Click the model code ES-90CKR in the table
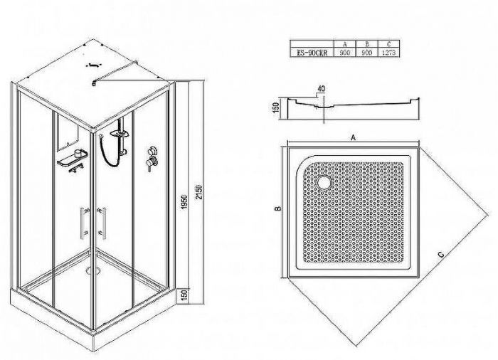312,53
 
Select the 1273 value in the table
388,53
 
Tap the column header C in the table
388,45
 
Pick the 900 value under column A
345,53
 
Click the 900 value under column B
367,53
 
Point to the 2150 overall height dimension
198,191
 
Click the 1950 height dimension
185,202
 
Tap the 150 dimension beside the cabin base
186,295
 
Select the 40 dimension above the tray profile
321,89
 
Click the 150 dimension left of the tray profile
276,107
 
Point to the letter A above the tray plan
353,137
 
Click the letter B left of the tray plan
277,208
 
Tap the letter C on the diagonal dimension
440,254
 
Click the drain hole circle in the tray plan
324,182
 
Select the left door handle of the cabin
85,223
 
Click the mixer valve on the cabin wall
152,158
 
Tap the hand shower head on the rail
120,134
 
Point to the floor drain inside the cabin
93,270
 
